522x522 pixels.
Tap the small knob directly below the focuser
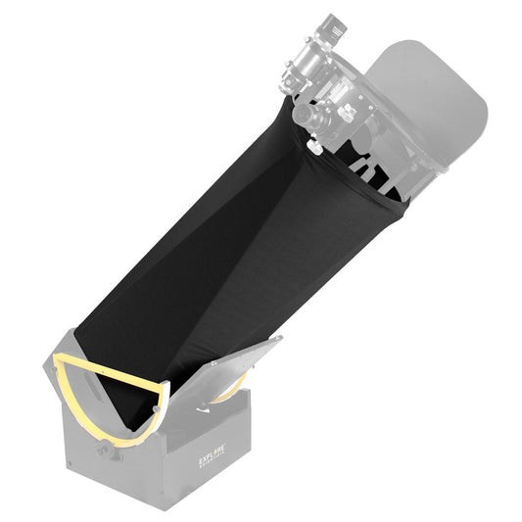click(313, 146)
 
